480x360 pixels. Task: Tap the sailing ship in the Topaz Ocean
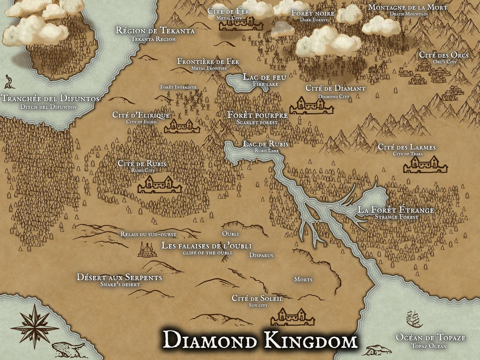(x=414, y=319)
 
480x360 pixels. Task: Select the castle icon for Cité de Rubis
(x=160, y=185)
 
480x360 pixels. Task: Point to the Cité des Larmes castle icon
(x=425, y=165)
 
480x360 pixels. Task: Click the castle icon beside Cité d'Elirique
(x=181, y=126)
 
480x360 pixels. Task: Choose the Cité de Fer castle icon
(x=242, y=23)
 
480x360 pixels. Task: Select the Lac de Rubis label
(x=266, y=144)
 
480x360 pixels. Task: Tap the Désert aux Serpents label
(x=120, y=277)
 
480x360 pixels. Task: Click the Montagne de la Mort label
(x=407, y=7)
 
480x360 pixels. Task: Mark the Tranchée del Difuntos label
(x=50, y=99)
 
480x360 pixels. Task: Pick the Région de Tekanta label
(x=155, y=31)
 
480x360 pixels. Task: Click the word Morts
(x=303, y=279)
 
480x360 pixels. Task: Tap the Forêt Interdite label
(x=178, y=87)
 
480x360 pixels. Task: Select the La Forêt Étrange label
(x=396, y=210)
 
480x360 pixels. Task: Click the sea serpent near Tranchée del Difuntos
(x=9, y=82)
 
